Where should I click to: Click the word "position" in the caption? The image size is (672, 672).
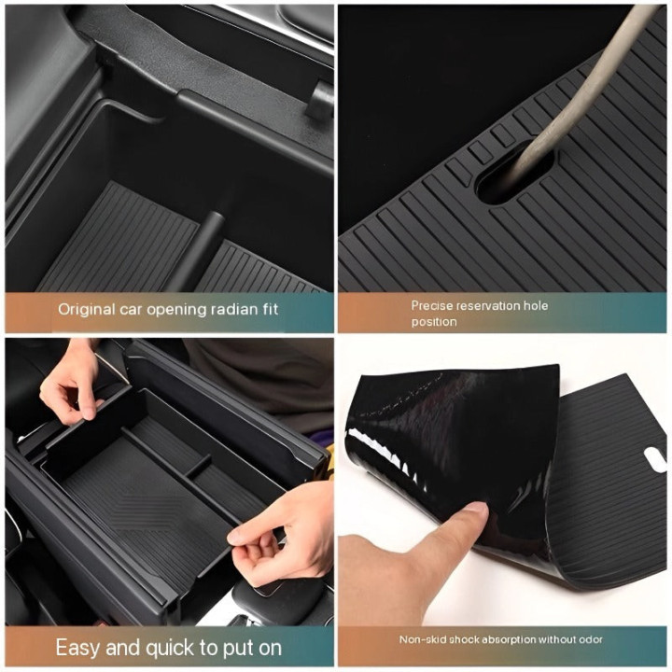point(434,322)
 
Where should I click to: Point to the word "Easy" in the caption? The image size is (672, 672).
point(77,648)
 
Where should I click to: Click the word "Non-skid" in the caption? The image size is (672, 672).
point(420,640)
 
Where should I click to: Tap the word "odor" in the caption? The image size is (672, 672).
point(590,640)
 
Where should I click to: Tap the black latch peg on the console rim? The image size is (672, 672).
point(320,101)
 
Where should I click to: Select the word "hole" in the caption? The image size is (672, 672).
point(536,305)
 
